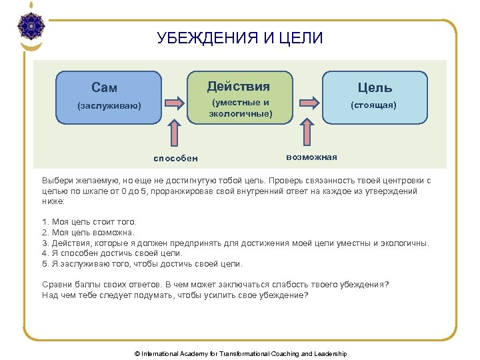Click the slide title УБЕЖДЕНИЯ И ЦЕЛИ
pyautogui.click(x=240, y=38)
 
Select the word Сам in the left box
pyautogui.click(x=104, y=88)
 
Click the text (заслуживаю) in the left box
pyautogui.click(x=109, y=105)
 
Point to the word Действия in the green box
pyautogui.click(x=239, y=87)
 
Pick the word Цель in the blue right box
pyautogui.click(x=375, y=87)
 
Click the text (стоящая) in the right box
pyautogui.click(x=375, y=105)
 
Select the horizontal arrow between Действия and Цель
pyautogui.click(x=307, y=103)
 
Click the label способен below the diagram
pyautogui.click(x=175, y=159)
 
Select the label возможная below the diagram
pyautogui.click(x=311, y=157)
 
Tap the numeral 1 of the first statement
pyautogui.click(x=44, y=221)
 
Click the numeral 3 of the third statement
pyautogui.click(x=44, y=243)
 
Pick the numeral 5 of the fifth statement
pyautogui.click(x=44, y=264)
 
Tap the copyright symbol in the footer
pyautogui.click(x=137, y=353)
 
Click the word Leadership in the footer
pyautogui.click(x=331, y=353)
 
